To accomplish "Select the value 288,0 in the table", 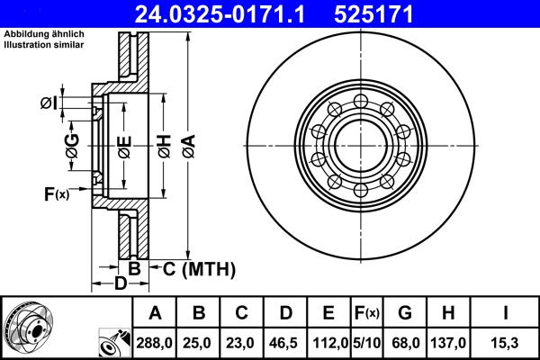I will [155, 342].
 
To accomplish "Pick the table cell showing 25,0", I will [199, 342].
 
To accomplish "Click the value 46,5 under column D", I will [285, 342].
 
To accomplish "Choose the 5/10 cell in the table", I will [365, 342].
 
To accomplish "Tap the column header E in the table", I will [328, 313].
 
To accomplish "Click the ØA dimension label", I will [187, 146].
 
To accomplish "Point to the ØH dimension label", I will [164, 146].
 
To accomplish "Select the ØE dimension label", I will [124, 146].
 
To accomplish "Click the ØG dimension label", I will [72, 146].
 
